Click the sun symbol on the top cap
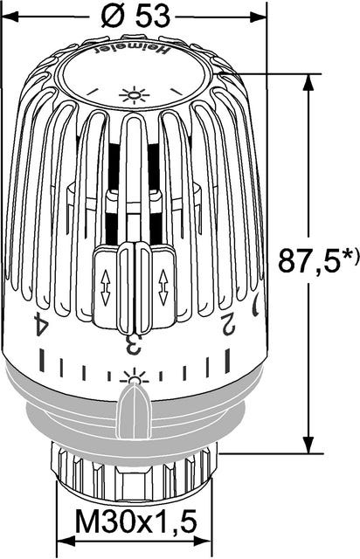[133, 93]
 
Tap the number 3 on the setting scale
[133, 343]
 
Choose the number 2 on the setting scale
[228, 325]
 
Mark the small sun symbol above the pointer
[134, 378]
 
